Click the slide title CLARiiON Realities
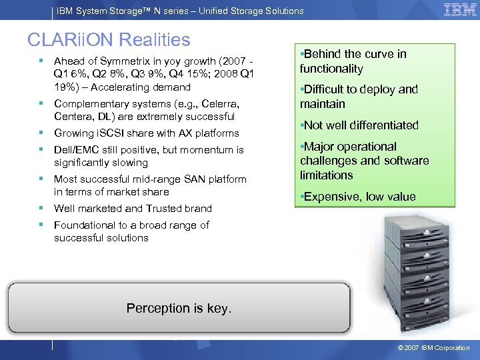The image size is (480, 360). pyautogui.click(x=109, y=40)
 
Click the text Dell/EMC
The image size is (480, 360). pyautogui.click(x=77, y=150)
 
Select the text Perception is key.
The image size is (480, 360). pyautogui.click(x=179, y=308)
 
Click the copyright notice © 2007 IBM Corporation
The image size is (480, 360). pyautogui.click(x=433, y=348)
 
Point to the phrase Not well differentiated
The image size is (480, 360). pyautogui.click(x=361, y=125)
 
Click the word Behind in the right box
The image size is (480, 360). pyautogui.click(x=324, y=54)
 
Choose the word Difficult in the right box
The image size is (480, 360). pyautogui.click(x=327, y=89)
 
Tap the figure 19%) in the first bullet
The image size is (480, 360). pyautogui.click(x=67, y=87)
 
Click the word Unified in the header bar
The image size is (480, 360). pyautogui.click(x=203, y=11)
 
